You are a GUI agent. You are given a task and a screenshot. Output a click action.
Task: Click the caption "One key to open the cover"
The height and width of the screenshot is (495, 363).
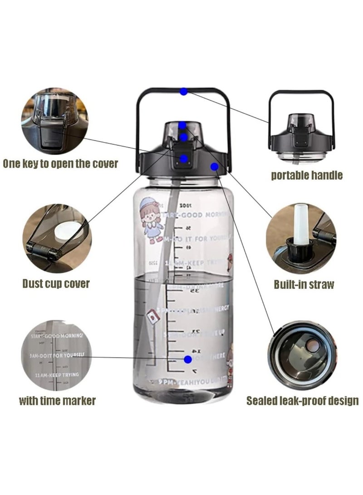coord(60,164)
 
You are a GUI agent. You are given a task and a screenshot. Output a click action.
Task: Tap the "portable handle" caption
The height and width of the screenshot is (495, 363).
coord(307,175)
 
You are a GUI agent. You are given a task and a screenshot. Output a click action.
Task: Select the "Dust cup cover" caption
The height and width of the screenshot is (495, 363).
coord(56,284)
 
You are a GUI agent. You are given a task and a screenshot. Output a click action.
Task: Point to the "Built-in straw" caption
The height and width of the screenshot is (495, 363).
coord(304,285)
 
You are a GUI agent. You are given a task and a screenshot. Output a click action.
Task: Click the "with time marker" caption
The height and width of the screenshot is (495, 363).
coord(57,401)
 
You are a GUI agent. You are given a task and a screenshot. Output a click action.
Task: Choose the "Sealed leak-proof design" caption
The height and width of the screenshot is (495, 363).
coord(303,401)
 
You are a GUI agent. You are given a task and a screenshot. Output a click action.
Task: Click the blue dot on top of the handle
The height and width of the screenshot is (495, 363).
coord(183,91)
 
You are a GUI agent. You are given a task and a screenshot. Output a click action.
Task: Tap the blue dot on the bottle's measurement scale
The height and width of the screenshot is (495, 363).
coord(188,359)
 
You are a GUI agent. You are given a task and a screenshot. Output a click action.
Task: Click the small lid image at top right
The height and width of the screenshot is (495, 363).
coord(301,121)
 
